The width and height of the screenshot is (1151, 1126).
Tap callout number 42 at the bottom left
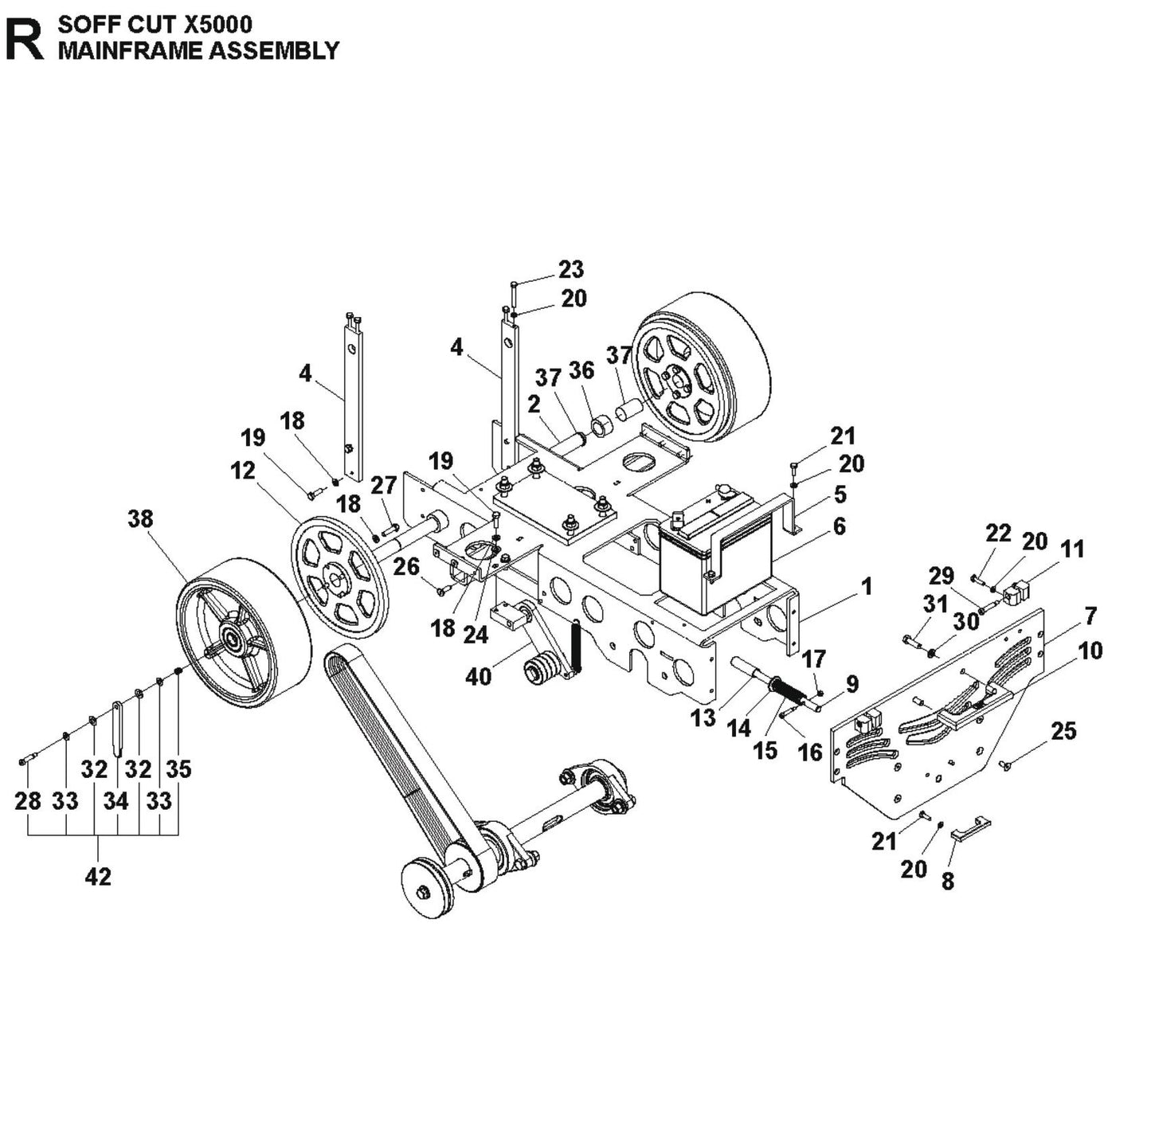97,877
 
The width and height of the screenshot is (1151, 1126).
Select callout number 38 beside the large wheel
141,518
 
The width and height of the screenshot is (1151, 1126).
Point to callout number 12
242,471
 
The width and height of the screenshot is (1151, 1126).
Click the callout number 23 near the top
570,269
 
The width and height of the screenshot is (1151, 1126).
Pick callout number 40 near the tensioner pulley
478,676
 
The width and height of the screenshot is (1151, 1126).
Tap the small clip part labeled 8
970,829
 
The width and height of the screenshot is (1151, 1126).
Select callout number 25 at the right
1063,731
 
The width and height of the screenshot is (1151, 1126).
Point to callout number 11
1072,549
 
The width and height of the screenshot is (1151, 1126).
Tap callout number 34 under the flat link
115,800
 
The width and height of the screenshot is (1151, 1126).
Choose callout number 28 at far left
28,800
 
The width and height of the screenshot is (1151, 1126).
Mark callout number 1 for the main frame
867,587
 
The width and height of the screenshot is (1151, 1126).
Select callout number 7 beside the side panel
1090,616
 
